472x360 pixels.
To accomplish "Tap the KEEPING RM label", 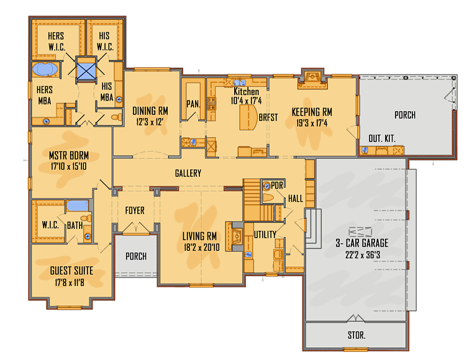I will (x=312, y=112).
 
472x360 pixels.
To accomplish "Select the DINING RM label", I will (x=150, y=111).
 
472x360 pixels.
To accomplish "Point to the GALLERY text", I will (x=188, y=174).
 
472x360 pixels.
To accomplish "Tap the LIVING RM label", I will (x=199, y=236).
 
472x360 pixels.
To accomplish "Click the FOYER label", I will (x=135, y=210).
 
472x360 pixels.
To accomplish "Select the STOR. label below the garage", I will (x=356, y=335).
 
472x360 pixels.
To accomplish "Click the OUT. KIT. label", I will (x=382, y=138).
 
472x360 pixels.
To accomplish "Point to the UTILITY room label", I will (x=265, y=234).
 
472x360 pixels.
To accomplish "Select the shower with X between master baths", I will (x=86, y=70).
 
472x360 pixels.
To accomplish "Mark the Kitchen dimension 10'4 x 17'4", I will (x=247, y=100).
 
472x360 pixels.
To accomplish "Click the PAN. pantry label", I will (x=193, y=104).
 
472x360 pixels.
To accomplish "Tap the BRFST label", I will (x=268, y=117).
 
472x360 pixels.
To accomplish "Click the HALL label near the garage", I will (x=295, y=199).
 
